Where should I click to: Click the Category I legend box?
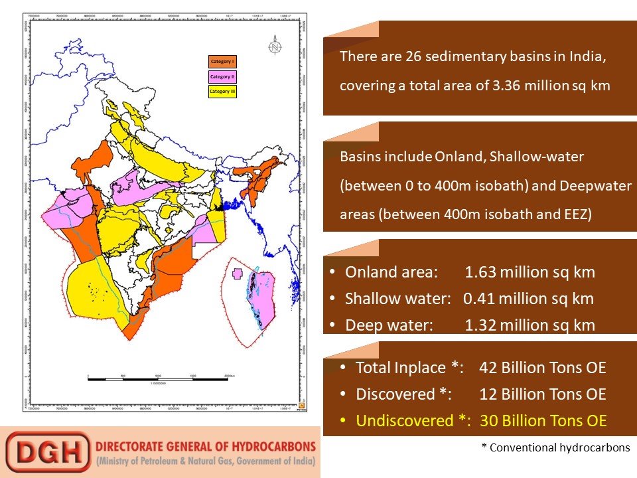pos(222,62)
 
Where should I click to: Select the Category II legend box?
pos(222,76)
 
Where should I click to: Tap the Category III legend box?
pos(222,91)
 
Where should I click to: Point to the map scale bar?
pos(159,379)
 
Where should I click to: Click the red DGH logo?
pos(47,452)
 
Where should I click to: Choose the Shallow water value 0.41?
pos(476,299)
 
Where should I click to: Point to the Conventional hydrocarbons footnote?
pos(555,447)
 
